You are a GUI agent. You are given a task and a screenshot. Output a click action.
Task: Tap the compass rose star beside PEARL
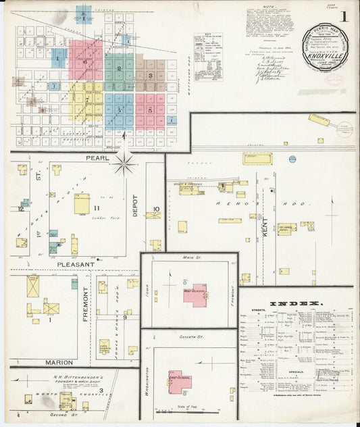[x=124, y=164]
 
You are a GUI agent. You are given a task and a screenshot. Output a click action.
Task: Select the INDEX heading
[x=298, y=303]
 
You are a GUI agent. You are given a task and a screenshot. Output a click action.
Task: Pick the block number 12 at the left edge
[x=21, y=209]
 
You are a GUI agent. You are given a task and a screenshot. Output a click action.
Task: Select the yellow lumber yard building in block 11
[x=82, y=203]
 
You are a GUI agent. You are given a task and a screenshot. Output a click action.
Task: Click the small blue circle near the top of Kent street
[x=292, y=159]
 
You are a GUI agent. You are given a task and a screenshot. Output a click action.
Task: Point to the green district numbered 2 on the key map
[x=119, y=69]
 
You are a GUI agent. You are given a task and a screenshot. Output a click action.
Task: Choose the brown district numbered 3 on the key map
[x=150, y=75]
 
